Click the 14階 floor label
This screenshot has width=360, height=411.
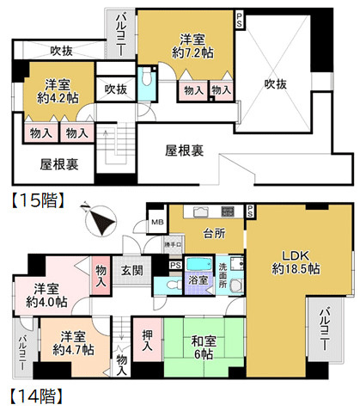[32, 398]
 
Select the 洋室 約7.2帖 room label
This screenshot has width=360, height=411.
[193, 46]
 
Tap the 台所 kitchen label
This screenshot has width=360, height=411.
[202, 232]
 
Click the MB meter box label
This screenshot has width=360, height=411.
[156, 221]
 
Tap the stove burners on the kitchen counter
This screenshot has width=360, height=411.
[228, 212]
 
